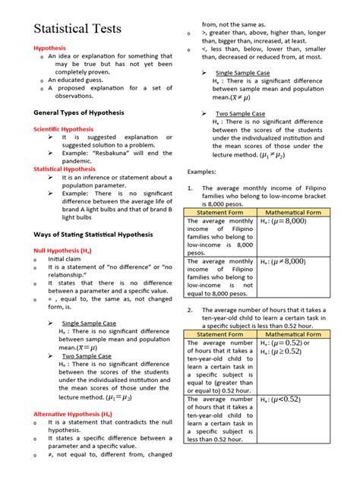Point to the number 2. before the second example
click(189, 310)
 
